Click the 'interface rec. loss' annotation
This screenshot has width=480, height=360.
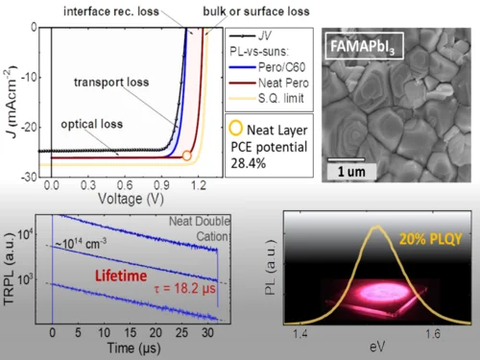[x=111, y=12]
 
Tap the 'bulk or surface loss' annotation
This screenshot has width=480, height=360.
[x=256, y=12]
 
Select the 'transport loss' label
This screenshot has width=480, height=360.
[x=111, y=83]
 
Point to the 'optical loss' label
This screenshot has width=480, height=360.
[x=92, y=124]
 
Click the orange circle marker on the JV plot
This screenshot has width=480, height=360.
[x=187, y=156]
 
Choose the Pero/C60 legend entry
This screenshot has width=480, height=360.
[x=267, y=67]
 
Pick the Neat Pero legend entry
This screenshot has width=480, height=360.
[x=269, y=83]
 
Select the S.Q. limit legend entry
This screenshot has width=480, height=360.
[x=267, y=98]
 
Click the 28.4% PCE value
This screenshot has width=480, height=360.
[x=249, y=163]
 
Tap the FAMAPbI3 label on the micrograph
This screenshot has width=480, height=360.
[x=363, y=47]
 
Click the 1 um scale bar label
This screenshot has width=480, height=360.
[x=351, y=172]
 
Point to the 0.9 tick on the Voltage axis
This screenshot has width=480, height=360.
[x=161, y=185]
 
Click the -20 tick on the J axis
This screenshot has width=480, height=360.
[x=29, y=128]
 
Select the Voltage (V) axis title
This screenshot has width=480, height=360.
[x=131, y=199]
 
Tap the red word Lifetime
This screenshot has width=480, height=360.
[x=121, y=276]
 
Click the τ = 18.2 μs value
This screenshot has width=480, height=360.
[x=185, y=289]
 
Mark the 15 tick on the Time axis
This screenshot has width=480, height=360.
[x=130, y=333]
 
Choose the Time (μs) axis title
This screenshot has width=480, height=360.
[x=133, y=348]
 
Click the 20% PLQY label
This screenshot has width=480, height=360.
[x=431, y=239]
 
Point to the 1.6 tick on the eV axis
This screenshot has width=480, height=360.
[x=433, y=334]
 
